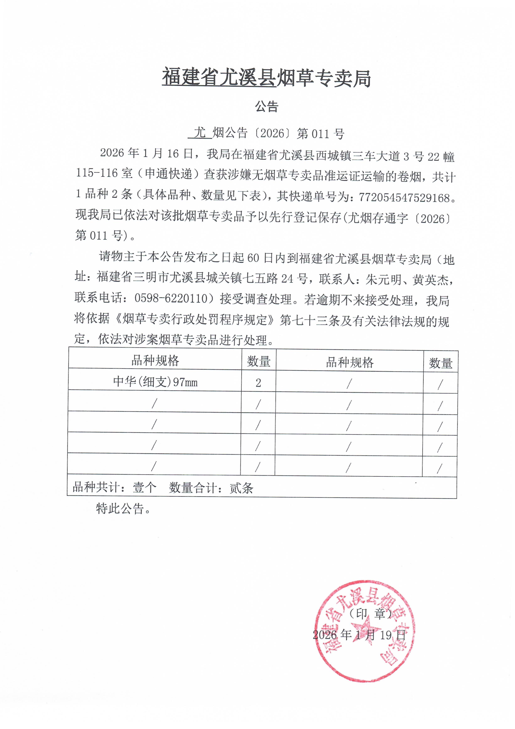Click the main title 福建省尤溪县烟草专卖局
pos(266,78)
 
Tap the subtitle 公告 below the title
pos(267,107)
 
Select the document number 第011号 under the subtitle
pos(321,134)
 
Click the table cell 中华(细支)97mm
pos(155,381)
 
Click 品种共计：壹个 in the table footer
pos(114,487)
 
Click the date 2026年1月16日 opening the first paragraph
pos(146,154)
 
